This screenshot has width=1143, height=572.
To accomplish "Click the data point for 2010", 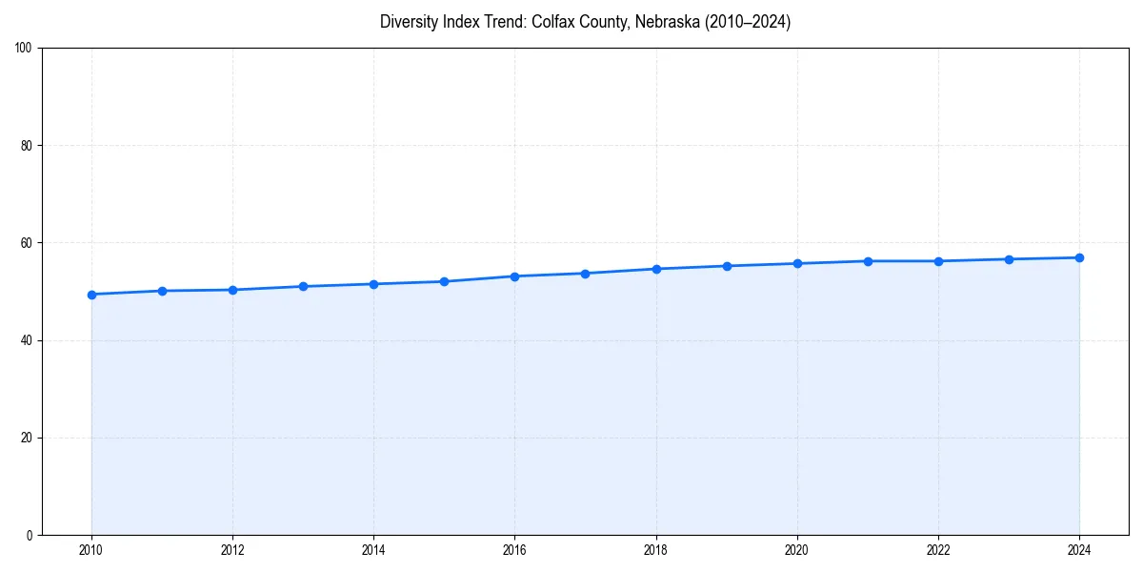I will pyautogui.click(x=91, y=295).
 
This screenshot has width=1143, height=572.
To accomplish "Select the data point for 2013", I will pyautogui.click(x=303, y=286).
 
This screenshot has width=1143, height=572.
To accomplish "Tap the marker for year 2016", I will pyautogui.click(x=514, y=276).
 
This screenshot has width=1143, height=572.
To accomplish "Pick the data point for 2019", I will pyautogui.click(x=727, y=266).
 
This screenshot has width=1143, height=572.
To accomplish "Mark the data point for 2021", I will pyautogui.click(x=868, y=261).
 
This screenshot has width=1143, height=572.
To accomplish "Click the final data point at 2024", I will pyautogui.click(x=1079, y=257).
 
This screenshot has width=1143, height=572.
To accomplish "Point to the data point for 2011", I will pyautogui.click(x=162, y=291).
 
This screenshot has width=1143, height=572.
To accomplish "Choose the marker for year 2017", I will pyautogui.click(x=585, y=274).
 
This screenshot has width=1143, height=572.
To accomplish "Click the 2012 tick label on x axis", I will pyautogui.click(x=232, y=550).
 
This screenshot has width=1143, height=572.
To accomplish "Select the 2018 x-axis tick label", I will pyautogui.click(x=655, y=550).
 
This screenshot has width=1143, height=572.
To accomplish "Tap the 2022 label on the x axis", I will pyautogui.click(x=938, y=550).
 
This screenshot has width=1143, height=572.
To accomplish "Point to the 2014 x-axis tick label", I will pyautogui.click(x=373, y=550).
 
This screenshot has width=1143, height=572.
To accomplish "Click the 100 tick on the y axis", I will pyautogui.click(x=25, y=49).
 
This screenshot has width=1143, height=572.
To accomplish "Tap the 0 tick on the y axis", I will pyautogui.click(x=30, y=535).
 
